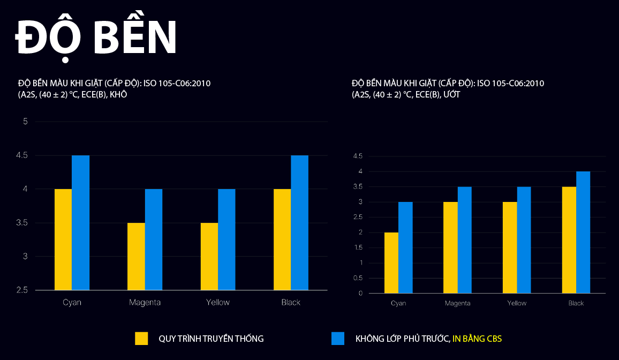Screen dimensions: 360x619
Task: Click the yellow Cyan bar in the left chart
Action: click(x=63, y=239)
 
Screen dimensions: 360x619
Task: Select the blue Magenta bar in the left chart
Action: click(x=154, y=239)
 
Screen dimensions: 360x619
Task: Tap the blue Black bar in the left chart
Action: click(x=299, y=223)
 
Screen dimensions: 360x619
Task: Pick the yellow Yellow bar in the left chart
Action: click(x=209, y=256)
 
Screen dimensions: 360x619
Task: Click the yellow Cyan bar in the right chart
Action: click(x=391, y=262)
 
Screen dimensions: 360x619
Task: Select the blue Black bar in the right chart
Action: click(x=583, y=232)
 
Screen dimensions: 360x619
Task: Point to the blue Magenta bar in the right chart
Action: click(x=465, y=240)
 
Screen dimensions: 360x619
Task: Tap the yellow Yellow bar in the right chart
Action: click(x=510, y=247)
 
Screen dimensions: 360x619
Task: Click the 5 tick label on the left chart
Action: click(x=25, y=122)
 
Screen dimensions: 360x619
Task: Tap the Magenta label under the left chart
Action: click(x=145, y=302)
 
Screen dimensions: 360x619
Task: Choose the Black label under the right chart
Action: click(x=576, y=303)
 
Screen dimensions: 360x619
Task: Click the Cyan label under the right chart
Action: click(x=398, y=303)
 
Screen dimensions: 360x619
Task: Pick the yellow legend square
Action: click(x=141, y=339)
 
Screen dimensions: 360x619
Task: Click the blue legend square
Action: click(x=338, y=339)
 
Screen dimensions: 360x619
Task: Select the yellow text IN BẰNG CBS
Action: click(x=477, y=339)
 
